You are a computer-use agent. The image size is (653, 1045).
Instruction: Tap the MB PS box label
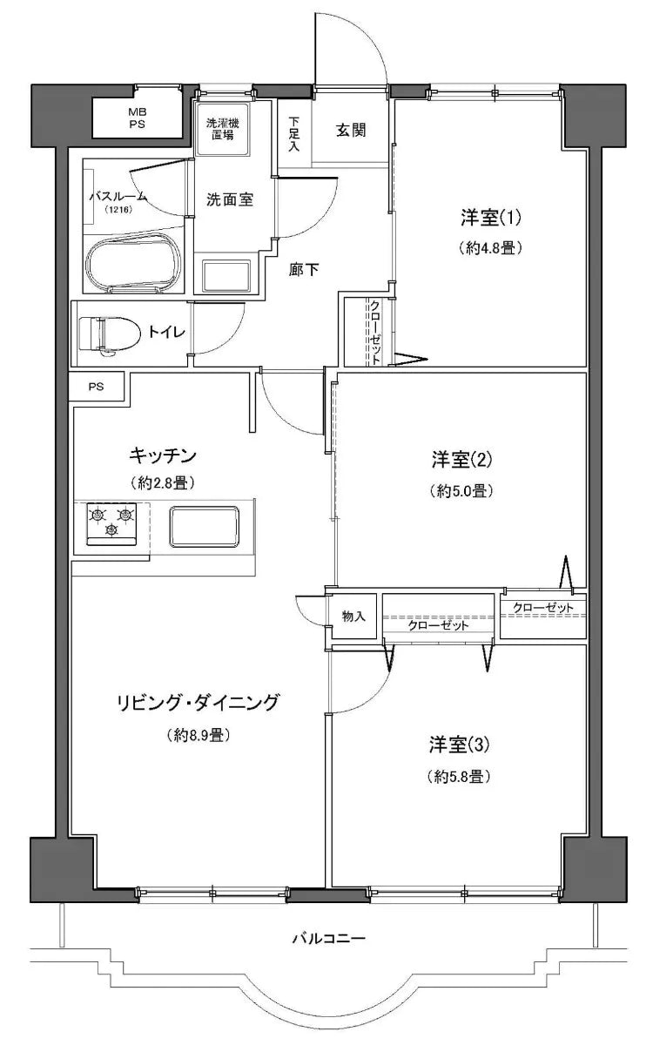tap(138, 118)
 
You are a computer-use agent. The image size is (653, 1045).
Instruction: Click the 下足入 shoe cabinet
tap(294, 134)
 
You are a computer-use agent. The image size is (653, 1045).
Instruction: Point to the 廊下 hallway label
tap(303, 270)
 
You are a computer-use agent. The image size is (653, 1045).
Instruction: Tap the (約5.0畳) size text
tap(461, 490)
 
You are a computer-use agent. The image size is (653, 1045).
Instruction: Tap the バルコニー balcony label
tap(327, 939)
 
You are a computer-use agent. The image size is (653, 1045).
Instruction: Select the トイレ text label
tap(165, 331)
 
